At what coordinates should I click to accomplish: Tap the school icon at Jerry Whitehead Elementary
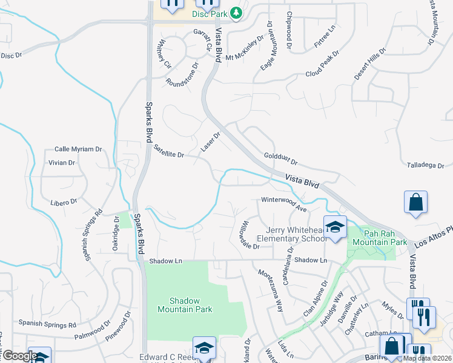point(335,227)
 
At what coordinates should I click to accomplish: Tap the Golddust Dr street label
point(281,159)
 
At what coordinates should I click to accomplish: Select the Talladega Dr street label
point(426,164)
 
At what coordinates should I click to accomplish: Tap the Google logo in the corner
point(20,356)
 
